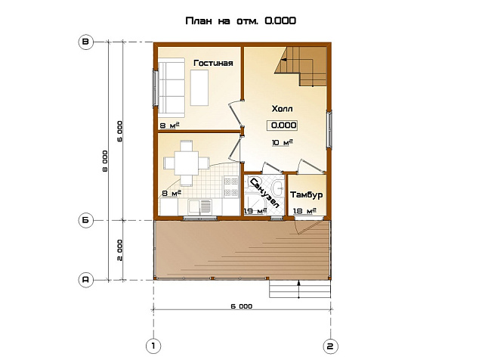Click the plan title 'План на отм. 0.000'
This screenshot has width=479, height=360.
pos(241,21)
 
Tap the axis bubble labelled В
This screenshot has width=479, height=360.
pos(86,42)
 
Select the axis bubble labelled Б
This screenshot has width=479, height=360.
pos(86,220)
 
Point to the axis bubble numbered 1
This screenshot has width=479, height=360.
pos(153,346)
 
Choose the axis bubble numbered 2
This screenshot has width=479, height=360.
pos(330,346)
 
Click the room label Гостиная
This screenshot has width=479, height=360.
pos(214,63)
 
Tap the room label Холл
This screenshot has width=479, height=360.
pos(282,109)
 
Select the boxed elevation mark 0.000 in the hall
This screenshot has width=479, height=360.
pos(282,125)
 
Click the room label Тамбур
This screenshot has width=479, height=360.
pos(307,195)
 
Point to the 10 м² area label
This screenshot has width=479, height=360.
pos(283,142)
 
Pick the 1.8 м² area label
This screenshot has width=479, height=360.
pos(304,211)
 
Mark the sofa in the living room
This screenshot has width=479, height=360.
pos(172,88)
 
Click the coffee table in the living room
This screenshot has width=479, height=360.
pos(199,88)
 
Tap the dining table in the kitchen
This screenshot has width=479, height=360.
pos(187,163)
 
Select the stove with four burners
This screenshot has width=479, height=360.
pos(231,187)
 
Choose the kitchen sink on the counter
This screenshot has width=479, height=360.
pos(199,206)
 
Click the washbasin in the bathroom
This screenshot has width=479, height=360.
pos(278,188)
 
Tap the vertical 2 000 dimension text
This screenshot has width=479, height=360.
pos(119,250)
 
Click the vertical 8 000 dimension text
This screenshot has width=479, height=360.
pos(105,161)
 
